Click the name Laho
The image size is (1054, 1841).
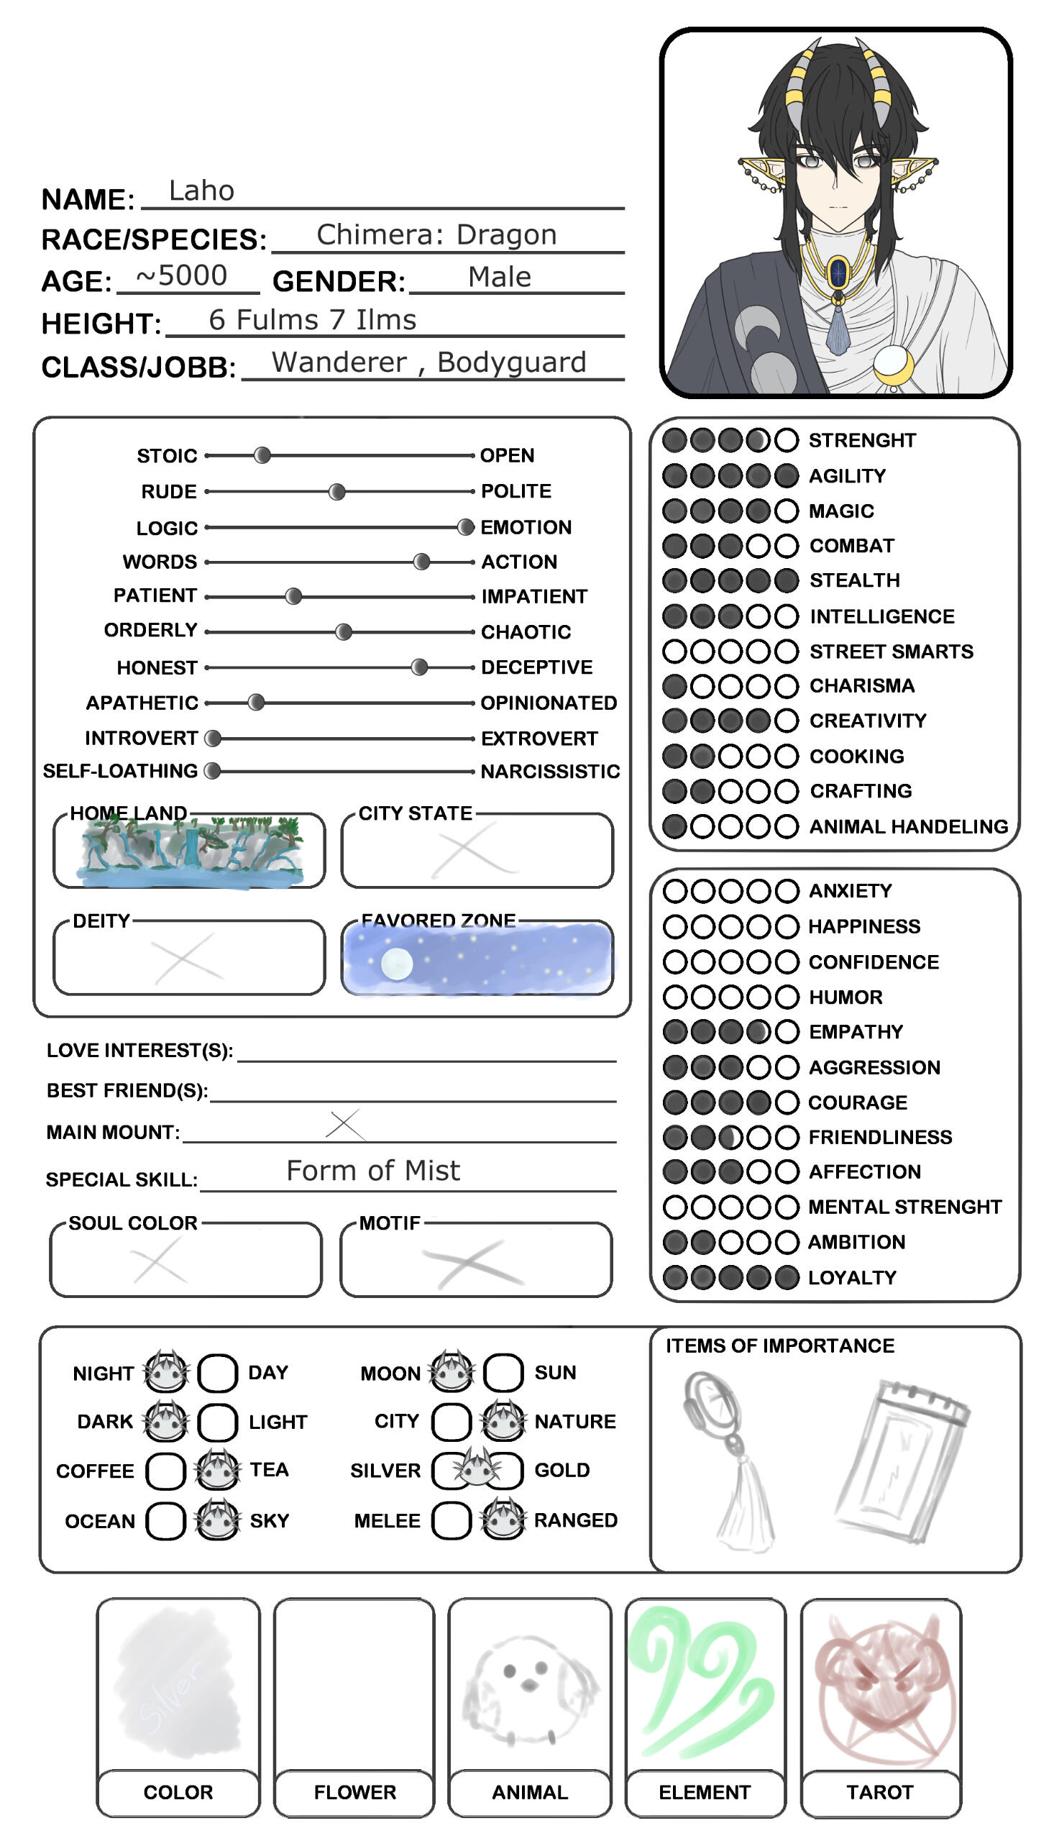201,191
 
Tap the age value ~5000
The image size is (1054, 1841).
182,276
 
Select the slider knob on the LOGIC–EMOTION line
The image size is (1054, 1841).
466,527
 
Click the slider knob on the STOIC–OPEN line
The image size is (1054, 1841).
262,455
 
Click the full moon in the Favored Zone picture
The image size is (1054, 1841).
397,964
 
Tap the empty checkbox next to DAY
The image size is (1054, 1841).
217,1374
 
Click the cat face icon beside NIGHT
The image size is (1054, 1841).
167,1372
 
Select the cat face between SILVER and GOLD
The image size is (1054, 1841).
477,1470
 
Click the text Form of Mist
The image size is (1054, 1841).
373,1171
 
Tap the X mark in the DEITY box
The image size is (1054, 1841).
187,959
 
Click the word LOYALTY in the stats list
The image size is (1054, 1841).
852,1278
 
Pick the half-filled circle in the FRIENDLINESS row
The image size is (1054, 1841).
730,1138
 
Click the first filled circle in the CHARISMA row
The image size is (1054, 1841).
674,685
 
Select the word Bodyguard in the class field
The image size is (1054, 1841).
512,362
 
